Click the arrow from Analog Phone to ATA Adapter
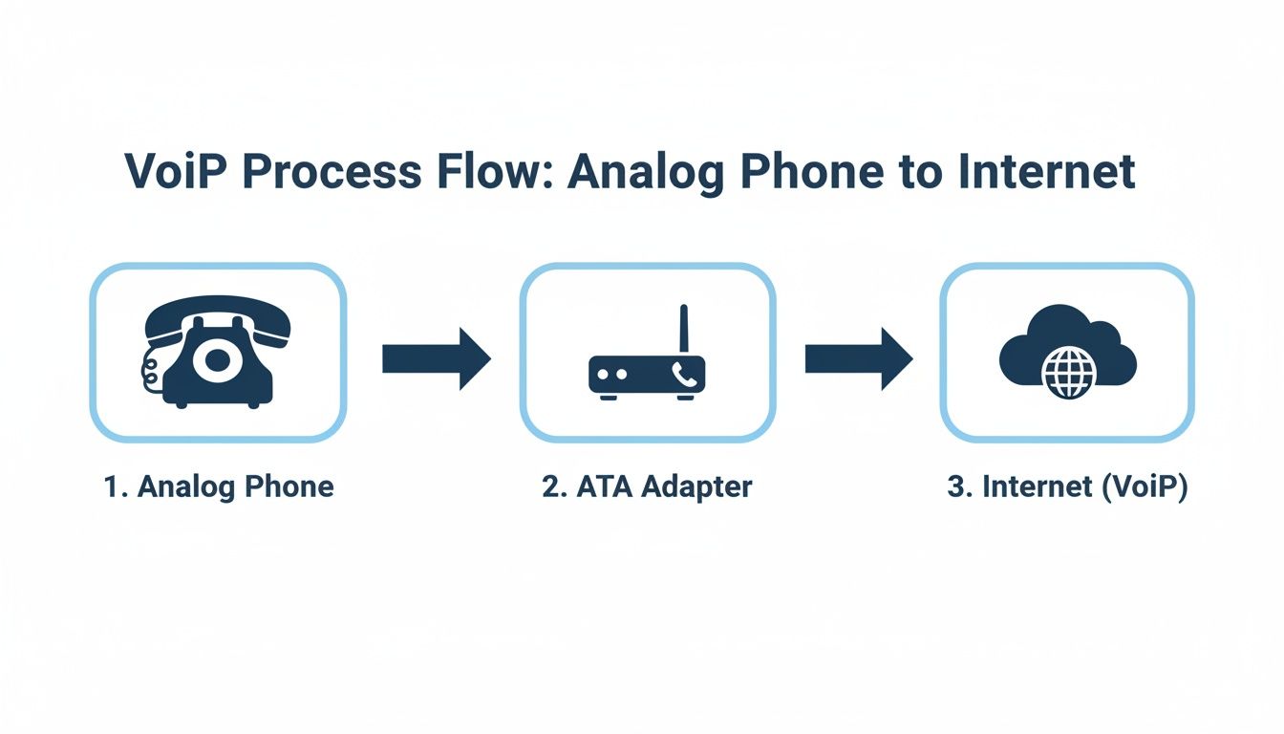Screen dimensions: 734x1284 436,359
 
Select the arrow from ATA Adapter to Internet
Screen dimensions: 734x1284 858,359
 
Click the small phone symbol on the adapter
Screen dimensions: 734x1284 683,374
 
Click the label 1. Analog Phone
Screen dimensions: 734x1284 218,486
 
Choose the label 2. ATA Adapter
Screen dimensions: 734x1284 647,486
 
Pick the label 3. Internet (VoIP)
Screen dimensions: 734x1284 1067,486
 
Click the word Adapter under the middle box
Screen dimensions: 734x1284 696,486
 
